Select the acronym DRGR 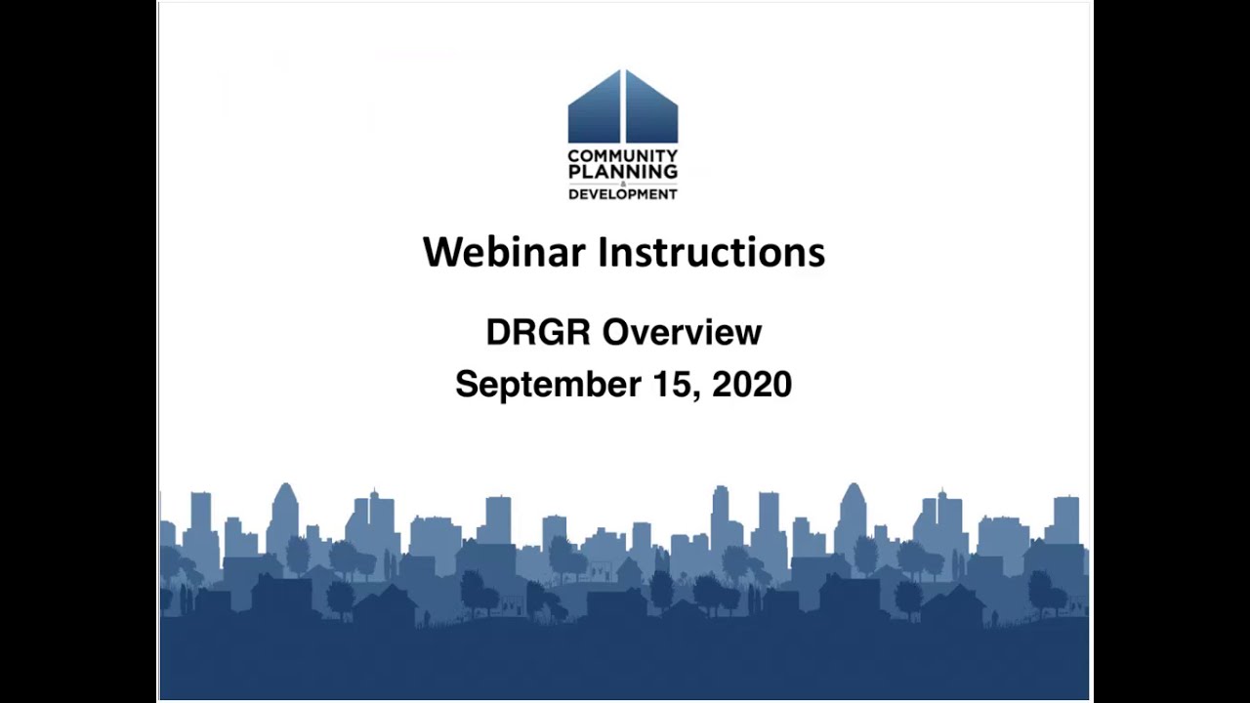click(538, 332)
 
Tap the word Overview click(681, 332)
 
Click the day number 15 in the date click(669, 383)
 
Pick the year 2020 click(752, 383)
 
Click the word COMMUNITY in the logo click(623, 156)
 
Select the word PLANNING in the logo click(623, 171)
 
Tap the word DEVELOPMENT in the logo click(623, 193)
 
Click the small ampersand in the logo click(623, 183)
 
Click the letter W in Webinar click(440, 252)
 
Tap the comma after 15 click(695, 393)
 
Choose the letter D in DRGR click(498, 332)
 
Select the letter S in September click(467, 383)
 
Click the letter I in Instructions click(602, 252)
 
